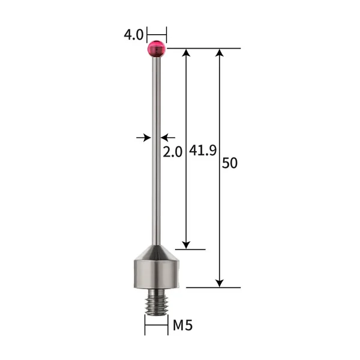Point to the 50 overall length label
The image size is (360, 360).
[230, 163]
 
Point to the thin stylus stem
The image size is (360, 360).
[156, 150]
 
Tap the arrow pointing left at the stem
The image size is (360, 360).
[167, 137]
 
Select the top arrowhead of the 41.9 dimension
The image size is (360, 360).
[187, 53]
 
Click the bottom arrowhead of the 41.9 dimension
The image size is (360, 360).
[187, 244]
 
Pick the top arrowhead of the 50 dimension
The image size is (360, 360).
[220, 53]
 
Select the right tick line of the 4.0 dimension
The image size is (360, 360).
[166, 34]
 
